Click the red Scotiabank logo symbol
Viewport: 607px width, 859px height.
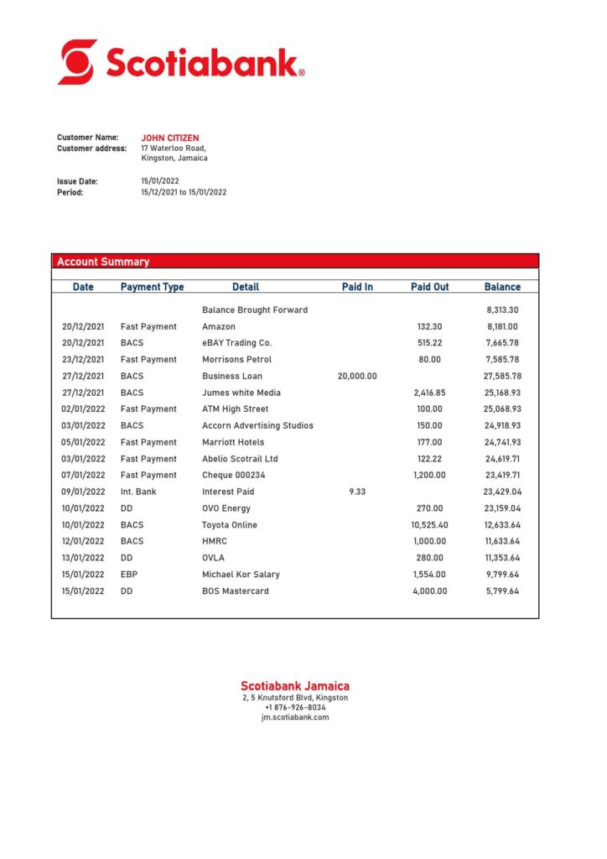[76, 62]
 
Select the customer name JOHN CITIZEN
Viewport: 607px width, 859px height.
[170, 138]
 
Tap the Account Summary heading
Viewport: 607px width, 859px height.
[103, 262]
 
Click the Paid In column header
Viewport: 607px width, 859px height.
[357, 287]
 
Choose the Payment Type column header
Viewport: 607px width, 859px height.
[152, 287]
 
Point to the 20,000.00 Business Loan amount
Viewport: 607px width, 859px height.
[357, 376]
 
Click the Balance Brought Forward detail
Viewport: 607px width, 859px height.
[255, 310]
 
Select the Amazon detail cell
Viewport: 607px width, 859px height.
[219, 326]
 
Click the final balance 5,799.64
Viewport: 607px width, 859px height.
[502, 591]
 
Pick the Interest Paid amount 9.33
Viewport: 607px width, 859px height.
[357, 492]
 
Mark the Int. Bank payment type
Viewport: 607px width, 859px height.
[139, 492]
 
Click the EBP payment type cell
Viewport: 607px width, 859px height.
[129, 575]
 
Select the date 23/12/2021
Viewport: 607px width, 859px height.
[83, 359]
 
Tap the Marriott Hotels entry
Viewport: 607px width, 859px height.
[233, 442]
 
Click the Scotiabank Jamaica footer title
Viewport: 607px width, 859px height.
[295, 685]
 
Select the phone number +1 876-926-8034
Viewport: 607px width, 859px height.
[295, 707]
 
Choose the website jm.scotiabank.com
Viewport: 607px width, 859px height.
[295, 717]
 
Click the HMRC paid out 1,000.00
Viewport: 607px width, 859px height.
[429, 541]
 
